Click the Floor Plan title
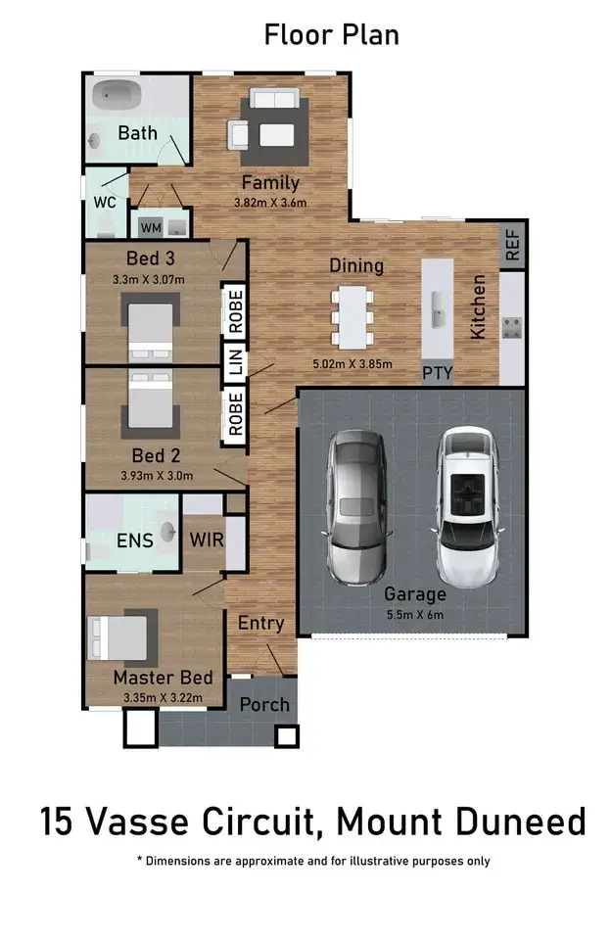click(331, 35)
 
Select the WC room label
click(105, 202)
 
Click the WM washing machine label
click(151, 227)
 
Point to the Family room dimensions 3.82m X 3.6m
click(270, 203)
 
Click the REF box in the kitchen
click(512, 246)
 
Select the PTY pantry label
click(437, 372)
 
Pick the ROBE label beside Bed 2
click(235, 413)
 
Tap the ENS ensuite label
click(134, 540)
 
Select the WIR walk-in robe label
click(206, 540)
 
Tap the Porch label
click(264, 704)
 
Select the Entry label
click(261, 623)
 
